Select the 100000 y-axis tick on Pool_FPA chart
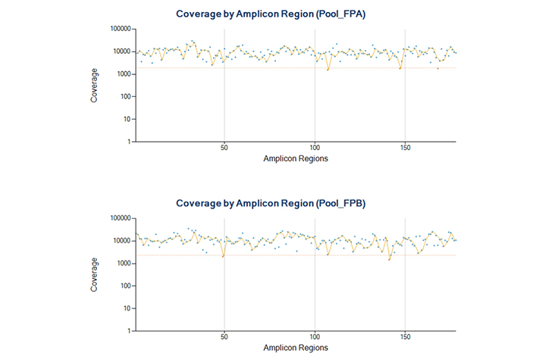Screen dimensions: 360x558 click(x=121, y=29)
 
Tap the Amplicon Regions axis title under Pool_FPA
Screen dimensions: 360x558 click(x=296, y=160)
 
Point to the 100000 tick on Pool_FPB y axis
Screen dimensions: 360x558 click(x=121, y=218)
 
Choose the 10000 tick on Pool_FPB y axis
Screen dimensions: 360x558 click(x=123, y=241)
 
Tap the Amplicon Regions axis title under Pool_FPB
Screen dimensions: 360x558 click(x=296, y=349)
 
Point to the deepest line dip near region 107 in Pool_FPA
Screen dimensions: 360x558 click(x=328, y=70)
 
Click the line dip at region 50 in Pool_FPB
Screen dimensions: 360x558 click(x=223, y=256)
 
